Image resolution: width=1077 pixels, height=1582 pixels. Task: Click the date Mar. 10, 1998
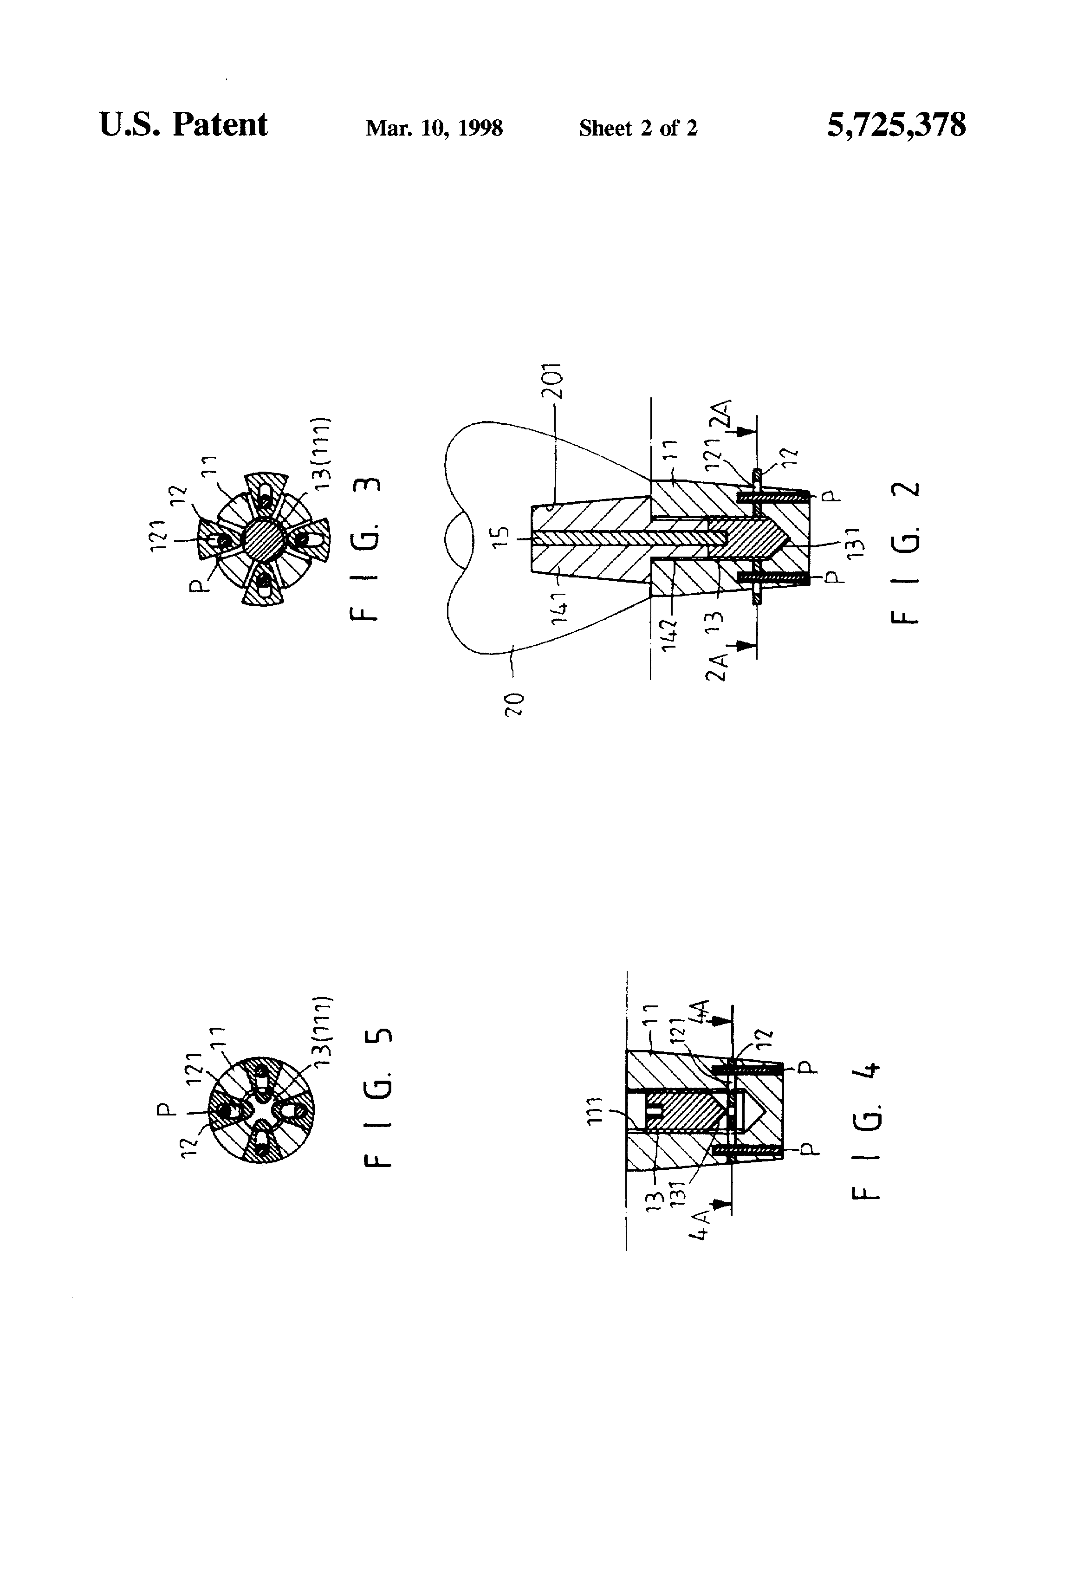pos(434,128)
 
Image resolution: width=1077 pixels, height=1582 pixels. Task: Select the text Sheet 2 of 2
pos(638,128)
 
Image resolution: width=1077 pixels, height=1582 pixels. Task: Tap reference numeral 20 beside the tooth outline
pos(515,702)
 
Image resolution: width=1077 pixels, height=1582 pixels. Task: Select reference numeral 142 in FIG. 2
pos(671,635)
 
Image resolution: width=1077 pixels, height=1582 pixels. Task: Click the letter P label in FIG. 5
pos(163,1110)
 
